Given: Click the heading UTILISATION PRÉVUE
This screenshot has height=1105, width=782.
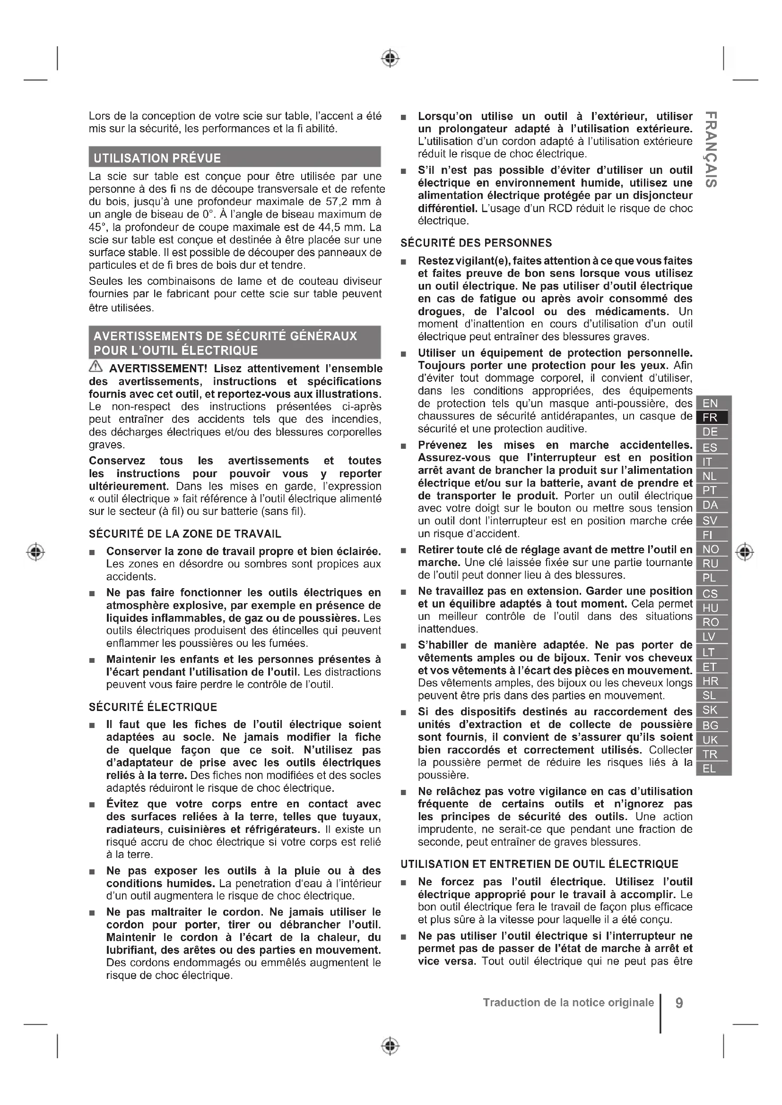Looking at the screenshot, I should click(x=157, y=158).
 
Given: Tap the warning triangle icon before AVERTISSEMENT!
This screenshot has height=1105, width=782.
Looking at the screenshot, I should click(x=96, y=368).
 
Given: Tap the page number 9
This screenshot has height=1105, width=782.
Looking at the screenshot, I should click(x=679, y=1003).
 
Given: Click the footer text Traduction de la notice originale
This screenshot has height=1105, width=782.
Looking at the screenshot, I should click(x=568, y=1002).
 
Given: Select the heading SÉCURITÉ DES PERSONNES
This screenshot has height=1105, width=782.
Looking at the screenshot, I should click(x=476, y=243).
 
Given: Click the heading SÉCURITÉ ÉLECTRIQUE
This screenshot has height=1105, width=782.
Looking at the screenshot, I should click(x=153, y=707).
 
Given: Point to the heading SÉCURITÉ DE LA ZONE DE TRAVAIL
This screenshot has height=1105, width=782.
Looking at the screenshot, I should click(x=185, y=534).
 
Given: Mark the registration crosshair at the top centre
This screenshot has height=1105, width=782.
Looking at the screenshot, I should click(x=391, y=58).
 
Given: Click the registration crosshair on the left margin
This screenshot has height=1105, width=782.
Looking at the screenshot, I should click(x=35, y=551).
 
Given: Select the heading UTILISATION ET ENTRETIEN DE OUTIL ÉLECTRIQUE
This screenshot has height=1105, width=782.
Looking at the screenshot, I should click(x=539, y=864).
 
